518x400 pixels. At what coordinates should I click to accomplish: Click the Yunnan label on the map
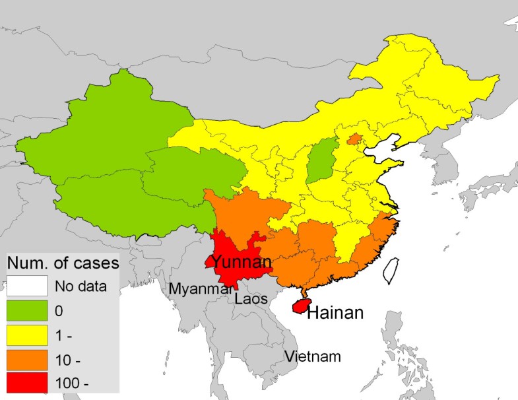[242, 264]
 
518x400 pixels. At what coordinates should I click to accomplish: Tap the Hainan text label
[335, 312]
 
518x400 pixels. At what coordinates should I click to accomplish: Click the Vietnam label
[313, 357]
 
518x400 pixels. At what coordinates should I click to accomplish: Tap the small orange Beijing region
[354, 139]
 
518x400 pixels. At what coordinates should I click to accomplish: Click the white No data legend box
[27, 286]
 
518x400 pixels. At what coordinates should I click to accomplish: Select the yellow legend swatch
[27, 335]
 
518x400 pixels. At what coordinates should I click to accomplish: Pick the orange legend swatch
[27, 360]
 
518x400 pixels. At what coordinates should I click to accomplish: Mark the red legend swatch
[27, 384]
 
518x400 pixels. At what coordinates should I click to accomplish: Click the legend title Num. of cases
[63, 263]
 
